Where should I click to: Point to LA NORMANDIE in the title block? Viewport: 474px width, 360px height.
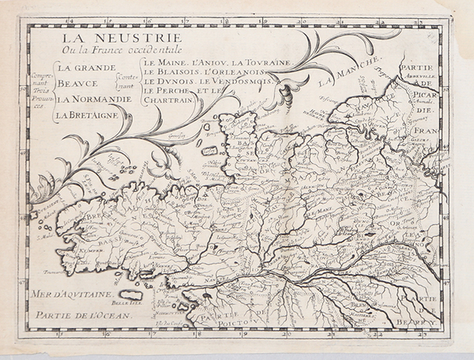click(x=93, y=99)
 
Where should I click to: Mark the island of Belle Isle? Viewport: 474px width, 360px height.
click(x=131, y=294)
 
